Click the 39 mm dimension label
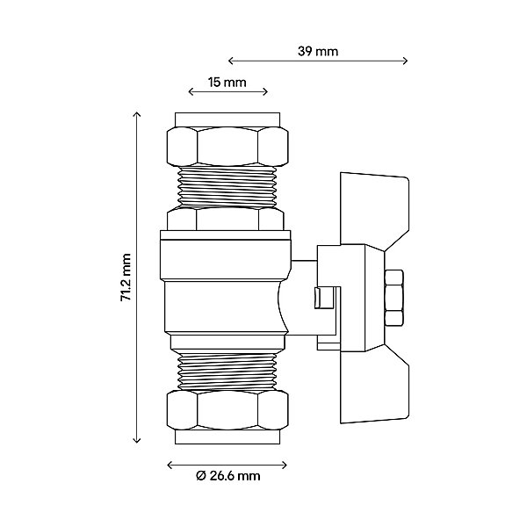(318, 52)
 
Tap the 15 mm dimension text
(227, 83)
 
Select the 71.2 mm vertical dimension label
(126, 278)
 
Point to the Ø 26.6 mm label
(228, 476)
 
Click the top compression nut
(227, 146)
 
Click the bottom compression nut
(227, 410)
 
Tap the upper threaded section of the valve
(227, 187)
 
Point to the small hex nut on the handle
(393, 298)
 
